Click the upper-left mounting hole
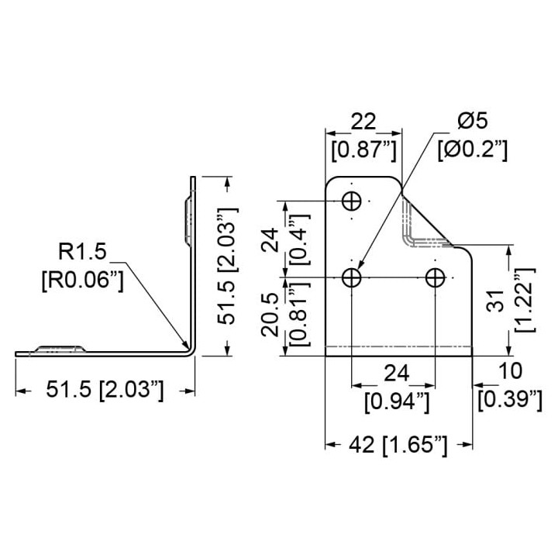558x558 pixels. pos(351,201)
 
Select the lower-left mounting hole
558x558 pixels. pos(351,277)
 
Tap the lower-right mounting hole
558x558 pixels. pos(436,277)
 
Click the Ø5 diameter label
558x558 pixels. pos(472,121)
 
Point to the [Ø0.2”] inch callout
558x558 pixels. pos(472,150)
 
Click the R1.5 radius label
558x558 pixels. pos(82,251)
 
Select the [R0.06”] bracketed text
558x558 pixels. pos(83,281)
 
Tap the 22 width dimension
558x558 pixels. pos(363,122)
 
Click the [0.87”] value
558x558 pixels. pos(363,150)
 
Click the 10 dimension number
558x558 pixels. pos(510,370)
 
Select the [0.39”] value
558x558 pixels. pos(510,400)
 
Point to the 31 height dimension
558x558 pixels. pos(496,301)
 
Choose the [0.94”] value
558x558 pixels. pos(397,402)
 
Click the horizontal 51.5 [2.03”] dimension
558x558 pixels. pos(105,390)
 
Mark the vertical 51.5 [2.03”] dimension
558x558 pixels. pos(227,266)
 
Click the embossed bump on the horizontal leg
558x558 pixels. pos(60,349)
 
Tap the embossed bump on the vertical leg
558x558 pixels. pos(188,221)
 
